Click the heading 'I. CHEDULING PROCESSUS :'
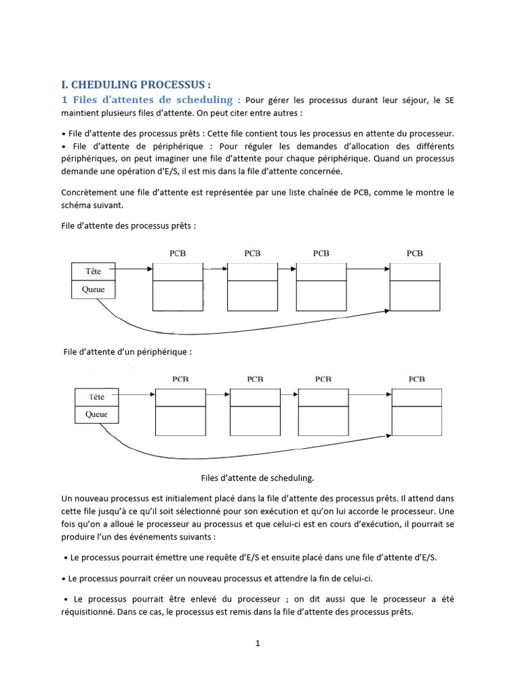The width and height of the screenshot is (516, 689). (x=136, y=85)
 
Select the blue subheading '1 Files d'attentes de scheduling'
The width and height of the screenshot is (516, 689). (x=150, y=100)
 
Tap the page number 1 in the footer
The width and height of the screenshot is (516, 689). (x=257, y=643)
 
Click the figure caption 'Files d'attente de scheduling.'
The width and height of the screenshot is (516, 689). (x=257, y=478)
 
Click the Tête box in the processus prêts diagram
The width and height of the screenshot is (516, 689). (x=93, y=272)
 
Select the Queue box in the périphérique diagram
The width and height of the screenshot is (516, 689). (x=96, y=414)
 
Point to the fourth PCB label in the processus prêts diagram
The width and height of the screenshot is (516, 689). (x=415, y=253)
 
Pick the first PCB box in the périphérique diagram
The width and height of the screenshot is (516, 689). (x=181, y=412)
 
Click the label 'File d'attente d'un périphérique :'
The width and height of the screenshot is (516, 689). (x=128, y=351)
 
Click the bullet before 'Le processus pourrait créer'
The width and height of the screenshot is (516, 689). (x=64, y=579)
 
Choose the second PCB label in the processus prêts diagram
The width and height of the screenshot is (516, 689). (x=253, y=253)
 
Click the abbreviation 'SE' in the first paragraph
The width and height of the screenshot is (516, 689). (x=449, y=100)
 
